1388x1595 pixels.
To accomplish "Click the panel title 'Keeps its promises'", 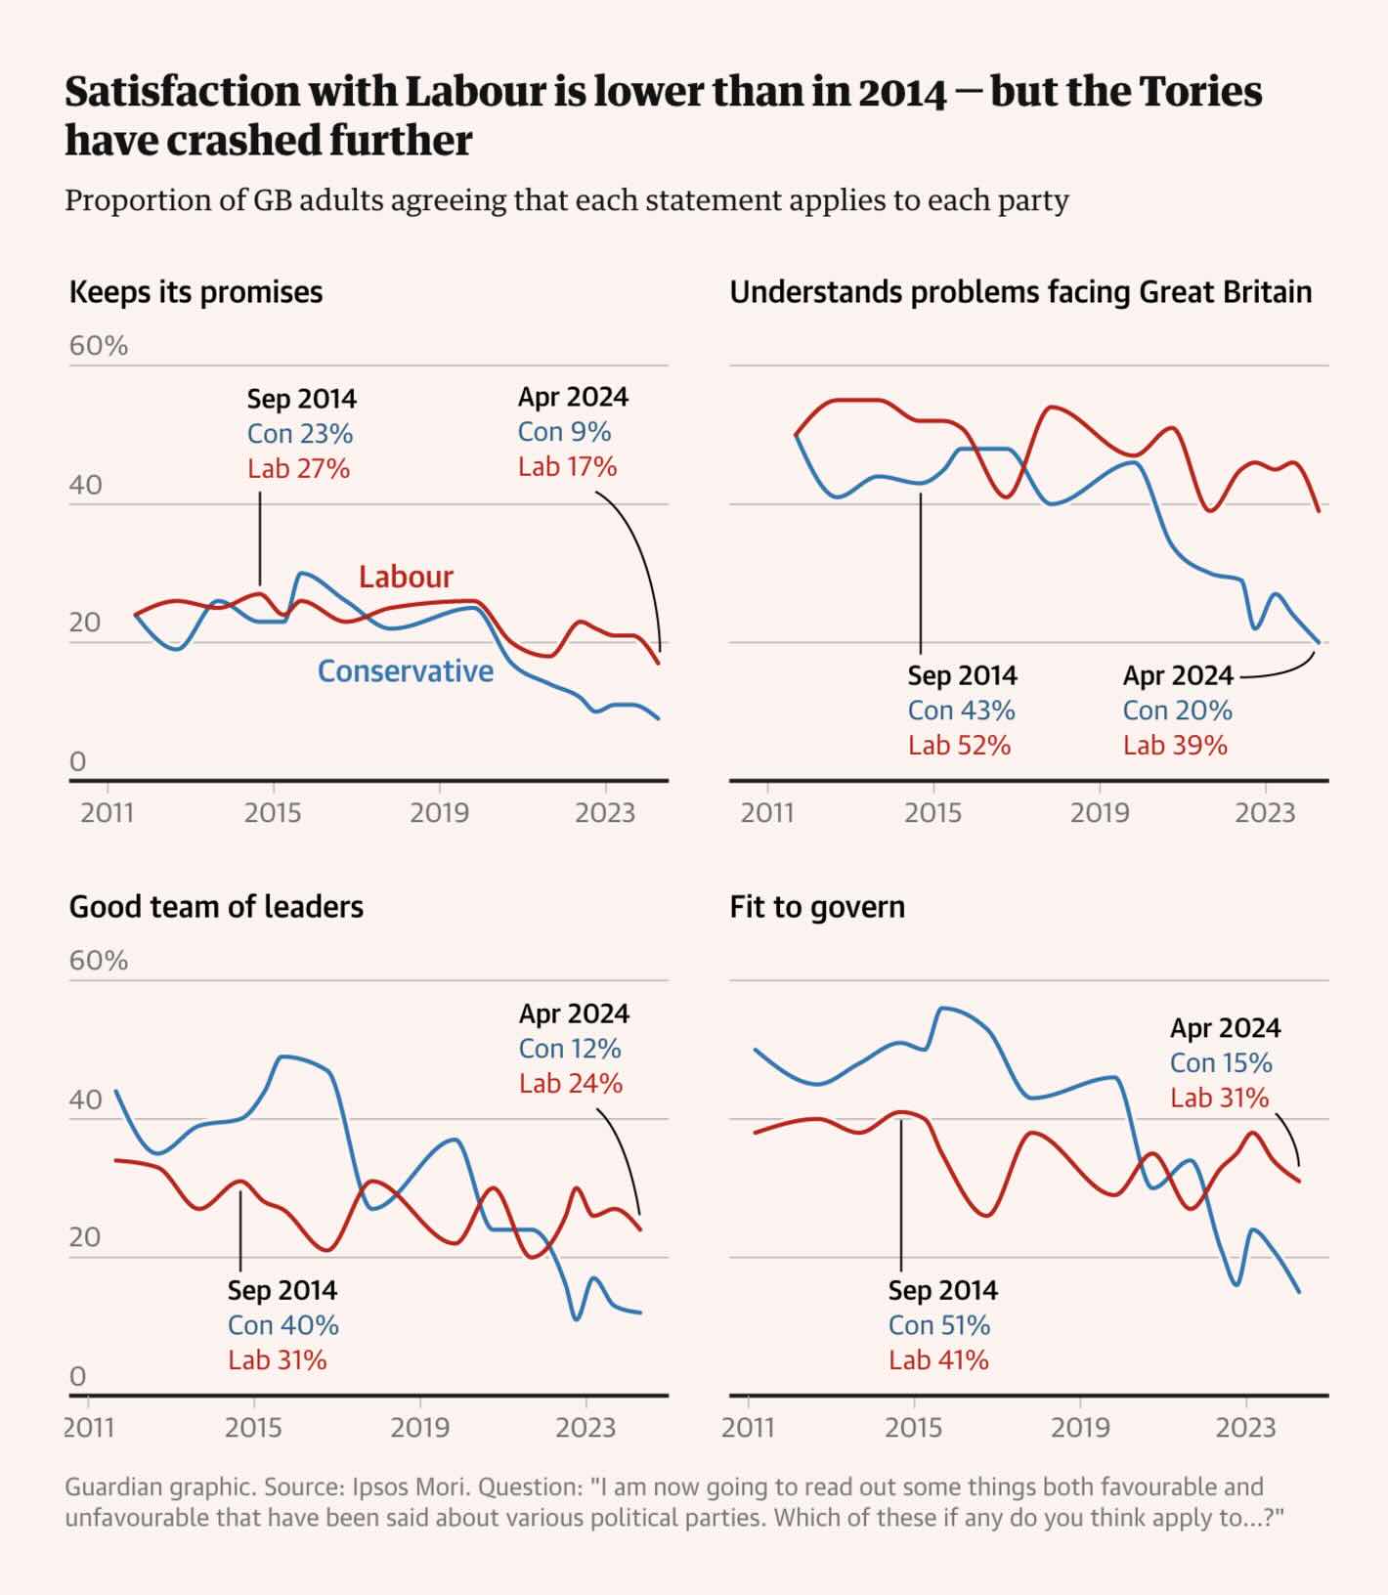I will pos(195,292).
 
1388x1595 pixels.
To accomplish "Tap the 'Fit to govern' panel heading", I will pos(817,907).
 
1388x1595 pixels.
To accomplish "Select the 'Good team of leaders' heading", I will pos(216,907).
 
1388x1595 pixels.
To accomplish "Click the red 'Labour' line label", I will pos(406,577).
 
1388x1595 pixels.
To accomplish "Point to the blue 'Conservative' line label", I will pos(406,671).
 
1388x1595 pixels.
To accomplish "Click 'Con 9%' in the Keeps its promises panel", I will pos(564,432).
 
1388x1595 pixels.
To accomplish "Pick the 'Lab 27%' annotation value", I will pos(298,469).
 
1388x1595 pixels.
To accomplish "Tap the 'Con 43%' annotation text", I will pos(961,711).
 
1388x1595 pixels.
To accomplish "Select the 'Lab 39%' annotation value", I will pos(1175,746).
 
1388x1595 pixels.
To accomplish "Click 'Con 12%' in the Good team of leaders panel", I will pos(570,1049).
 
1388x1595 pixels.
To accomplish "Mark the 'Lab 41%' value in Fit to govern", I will pos(938,1360).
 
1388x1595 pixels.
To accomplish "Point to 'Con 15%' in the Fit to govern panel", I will pos(1221,1063).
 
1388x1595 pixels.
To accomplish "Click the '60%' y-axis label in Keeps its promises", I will pos(98,346).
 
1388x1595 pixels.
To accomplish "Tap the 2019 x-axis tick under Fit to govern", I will pos(1080,1428).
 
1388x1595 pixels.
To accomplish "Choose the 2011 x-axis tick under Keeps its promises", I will pos(107,813).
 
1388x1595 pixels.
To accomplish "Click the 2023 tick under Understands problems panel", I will pos(1265,813).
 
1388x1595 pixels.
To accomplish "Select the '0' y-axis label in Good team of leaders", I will pos(78,1376).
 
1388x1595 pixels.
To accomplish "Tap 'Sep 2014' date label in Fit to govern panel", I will pos(942,1290).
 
